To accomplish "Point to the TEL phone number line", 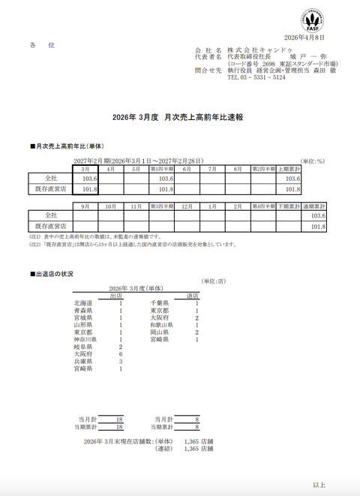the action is (256, 77).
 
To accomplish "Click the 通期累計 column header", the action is (313, 206).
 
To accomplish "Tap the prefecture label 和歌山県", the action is (162, 325).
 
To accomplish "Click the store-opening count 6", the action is (120, 354).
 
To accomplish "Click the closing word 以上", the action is (319, 485).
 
